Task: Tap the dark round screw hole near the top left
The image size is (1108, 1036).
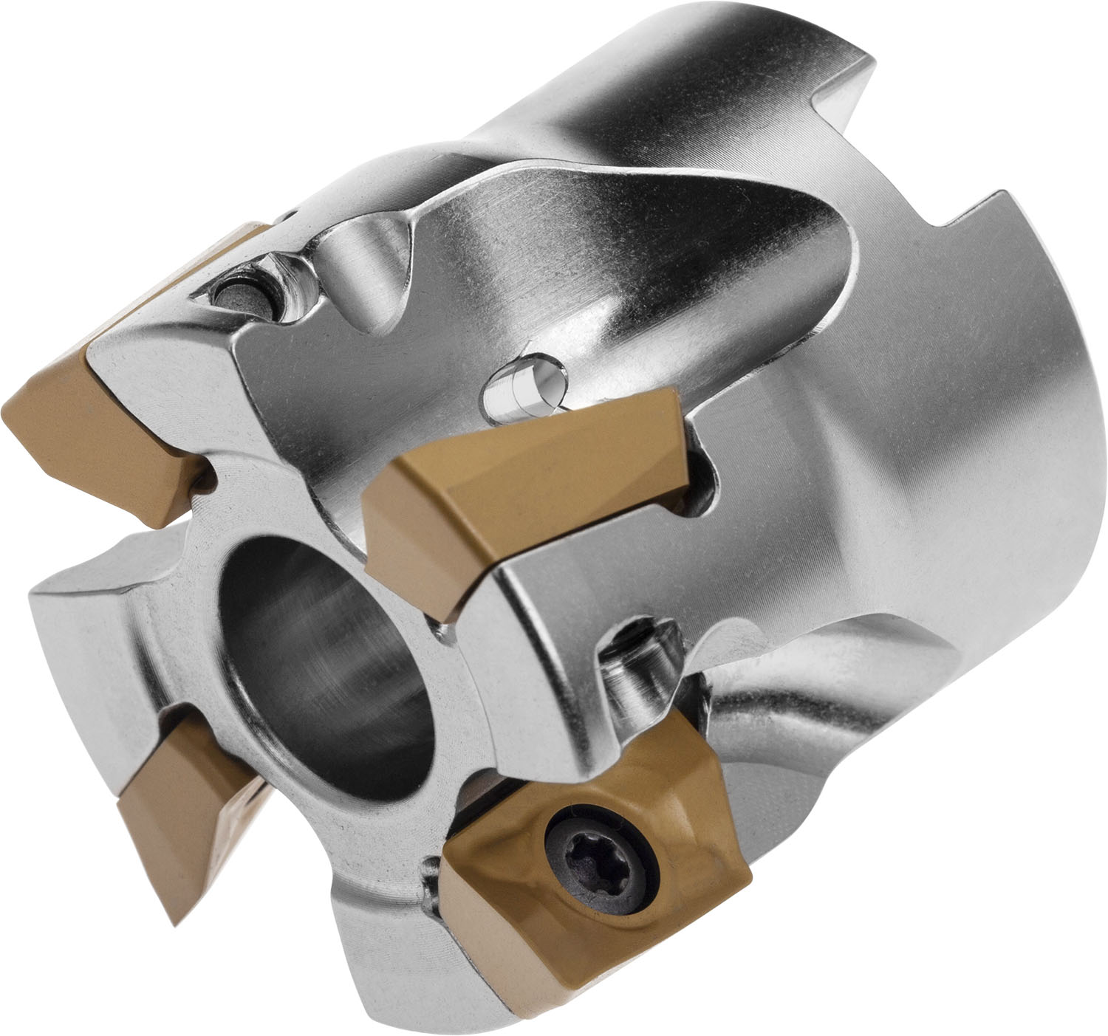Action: [x=240, y=292]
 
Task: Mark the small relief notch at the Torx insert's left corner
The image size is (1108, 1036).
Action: [x=432, y=882]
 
